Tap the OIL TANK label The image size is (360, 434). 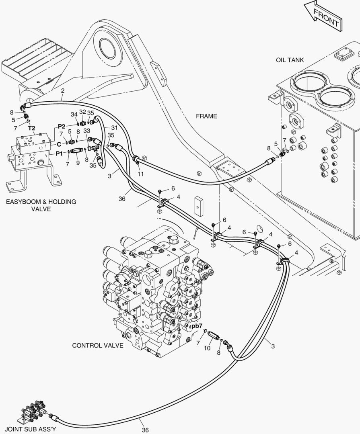[290, 60]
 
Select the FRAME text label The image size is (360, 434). [206, 116]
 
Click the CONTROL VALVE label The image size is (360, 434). [98, 346]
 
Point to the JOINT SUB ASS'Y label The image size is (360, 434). [31, 429]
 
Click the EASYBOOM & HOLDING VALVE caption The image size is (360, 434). [41, 205]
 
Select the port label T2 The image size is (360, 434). [32, 128]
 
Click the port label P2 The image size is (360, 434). [61, 127]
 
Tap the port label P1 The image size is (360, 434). [59, 154]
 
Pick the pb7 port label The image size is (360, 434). [197, 326]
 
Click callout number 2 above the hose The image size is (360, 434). [63, 90]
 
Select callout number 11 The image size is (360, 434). [141, 174]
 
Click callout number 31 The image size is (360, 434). [115, 128]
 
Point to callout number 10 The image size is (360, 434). [207, 348]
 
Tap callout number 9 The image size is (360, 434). [78, 163]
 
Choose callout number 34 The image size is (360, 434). [74, 114]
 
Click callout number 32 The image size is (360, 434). [82, 112]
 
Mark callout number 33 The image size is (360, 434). [87, 130]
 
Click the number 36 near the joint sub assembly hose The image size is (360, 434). [145, 430]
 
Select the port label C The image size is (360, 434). [59, 144]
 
